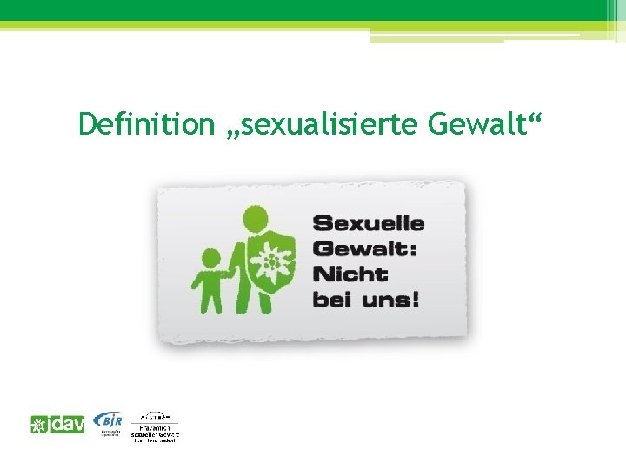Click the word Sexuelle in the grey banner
pyautogui.click(x=369, y=223)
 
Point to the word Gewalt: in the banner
pyautogui.click(x=365, y=249)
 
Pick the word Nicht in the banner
pyautogui.click(x=350, y=274)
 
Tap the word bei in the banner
pyautogui.click(x=330, y=301)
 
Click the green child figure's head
pyautogui.click(x=211, y=259)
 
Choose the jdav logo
pyautogui.click(x=57, y=426)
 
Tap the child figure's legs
pyautogui.click(x=211, y=300)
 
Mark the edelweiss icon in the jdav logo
pyautogui.click(x=39, y=426)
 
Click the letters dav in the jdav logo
pyautogui.click(x=68, y=426)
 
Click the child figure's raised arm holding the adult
pyautogui.click(x=227, y=271)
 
